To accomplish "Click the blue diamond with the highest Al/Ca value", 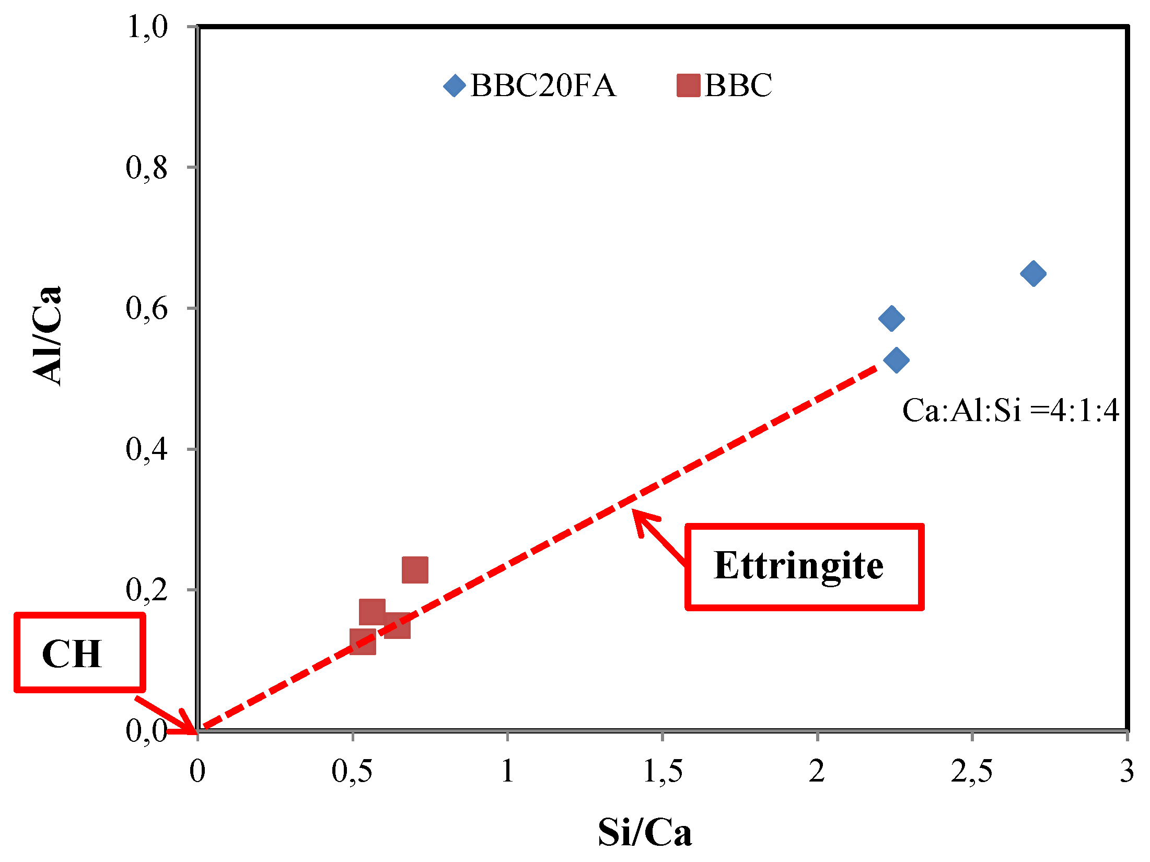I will point(1033,273).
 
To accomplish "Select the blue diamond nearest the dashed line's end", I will point(897,360).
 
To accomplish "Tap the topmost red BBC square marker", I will point(415,569).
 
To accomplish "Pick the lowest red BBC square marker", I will point(363,641).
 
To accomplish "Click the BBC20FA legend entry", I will point(530,85).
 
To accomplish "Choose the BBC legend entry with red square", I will point(725,85).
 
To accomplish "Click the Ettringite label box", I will point(805,567).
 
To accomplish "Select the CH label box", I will point(79,653).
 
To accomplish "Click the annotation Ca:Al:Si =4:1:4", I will point(1010,410).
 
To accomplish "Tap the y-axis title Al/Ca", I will point(47,336).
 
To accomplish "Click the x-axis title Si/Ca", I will point(645,832).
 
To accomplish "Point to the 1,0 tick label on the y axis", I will point(147,26).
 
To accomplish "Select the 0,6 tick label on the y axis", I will point(147,308).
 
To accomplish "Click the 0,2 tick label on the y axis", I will point(147,589).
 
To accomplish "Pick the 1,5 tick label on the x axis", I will point(663,771).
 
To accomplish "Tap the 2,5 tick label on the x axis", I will point(971,771).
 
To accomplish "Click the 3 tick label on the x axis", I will point(1126,771).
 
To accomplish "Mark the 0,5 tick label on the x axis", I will point(352,771).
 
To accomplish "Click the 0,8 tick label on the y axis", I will point(147,167).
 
